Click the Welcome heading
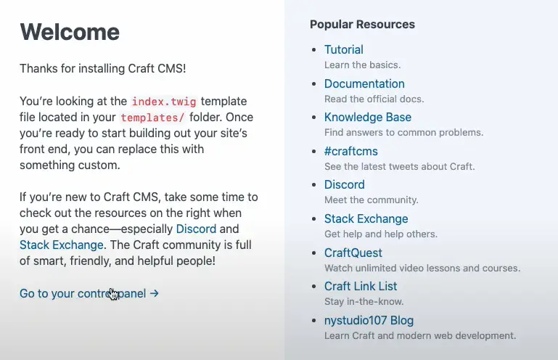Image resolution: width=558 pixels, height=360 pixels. pyautogui.click(x=70, y=32)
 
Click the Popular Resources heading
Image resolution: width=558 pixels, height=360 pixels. pyautogui.click(x=362, y=24)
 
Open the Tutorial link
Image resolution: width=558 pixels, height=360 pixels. pyautogui.click(x=343, y=49)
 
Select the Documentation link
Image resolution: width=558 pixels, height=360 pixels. pyautogui.click(x=364, y=83)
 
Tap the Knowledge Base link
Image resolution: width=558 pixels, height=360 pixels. pyautogui.click(x=368, y=117)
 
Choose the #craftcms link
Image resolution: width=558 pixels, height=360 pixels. pyautogui.click(x=351, y=152)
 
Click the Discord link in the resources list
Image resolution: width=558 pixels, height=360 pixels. pyautogui.click(x=344, y=184)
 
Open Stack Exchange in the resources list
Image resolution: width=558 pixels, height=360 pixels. pyautogui.click(x=366, y=218)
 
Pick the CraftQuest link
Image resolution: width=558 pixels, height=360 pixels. pyautogui.click(x=353, y=253)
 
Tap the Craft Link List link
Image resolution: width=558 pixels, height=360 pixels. pyautogui.click(x=361, y=286)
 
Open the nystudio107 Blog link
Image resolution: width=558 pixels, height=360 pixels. pyautogui.click(x=369, y=321)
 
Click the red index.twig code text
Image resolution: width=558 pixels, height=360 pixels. pyautogui.click(x=164, y=102)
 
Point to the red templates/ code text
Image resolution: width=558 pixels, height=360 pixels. pyautogui.click(x=152, y=118)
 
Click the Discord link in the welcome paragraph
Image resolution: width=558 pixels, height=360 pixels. pyautogui.click(x=196, y=229)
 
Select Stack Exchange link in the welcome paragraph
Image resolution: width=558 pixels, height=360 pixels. pyautogui.click(x=61, y=245)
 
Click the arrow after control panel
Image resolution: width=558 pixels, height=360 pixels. pyautogui.click(x=154, y=293)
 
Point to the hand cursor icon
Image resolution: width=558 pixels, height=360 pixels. pyautogui.click(x=113, y=294)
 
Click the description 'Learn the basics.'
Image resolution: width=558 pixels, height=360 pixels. pyautogui.click(x=362, y=65)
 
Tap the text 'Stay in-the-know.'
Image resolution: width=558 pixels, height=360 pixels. pyautogui.click(x=364, y=302)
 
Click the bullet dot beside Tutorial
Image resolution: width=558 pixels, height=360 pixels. pyautogui.click(x=313, y=50)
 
